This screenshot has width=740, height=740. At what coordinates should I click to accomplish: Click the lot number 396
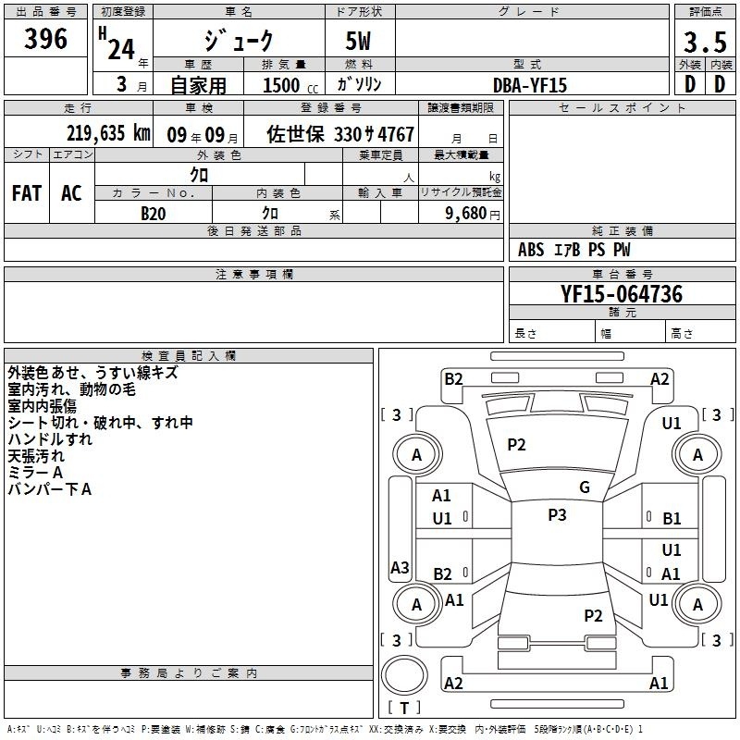[45, 38]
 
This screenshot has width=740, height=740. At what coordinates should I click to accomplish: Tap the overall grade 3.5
[705, 42]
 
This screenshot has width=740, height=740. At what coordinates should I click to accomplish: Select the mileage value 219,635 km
[108, 133]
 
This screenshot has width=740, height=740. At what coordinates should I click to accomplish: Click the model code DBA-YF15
[530, 85]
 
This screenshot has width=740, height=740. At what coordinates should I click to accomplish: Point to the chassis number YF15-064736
[622, 294]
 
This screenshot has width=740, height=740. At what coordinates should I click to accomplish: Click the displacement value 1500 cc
[290, 85]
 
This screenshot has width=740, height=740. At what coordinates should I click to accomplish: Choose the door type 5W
[358, 41]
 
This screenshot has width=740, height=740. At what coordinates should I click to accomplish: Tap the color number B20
[154, 214]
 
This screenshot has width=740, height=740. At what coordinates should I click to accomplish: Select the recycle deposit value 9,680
[466, 214]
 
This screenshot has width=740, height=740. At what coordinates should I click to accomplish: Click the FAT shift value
[27, 193]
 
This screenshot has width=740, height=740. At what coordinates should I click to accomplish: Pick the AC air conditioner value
[71, 193]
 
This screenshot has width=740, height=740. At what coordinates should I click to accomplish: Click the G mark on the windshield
[585, 487]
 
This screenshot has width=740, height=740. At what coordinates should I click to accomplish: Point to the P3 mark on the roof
[557, 515]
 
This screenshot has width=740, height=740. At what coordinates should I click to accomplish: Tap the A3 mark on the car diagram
[400, 567]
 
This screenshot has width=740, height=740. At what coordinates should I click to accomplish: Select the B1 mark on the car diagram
[672, 519]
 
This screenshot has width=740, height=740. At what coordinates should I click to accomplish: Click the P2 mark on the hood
[516, 445]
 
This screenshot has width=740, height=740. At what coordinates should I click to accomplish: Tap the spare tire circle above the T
[404, 675]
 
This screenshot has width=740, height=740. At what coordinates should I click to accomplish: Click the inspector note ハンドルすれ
[50, 439]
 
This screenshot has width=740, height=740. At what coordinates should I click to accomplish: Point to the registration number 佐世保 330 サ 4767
[340, 134]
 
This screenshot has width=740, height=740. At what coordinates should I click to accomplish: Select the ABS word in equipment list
[531, 250]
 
